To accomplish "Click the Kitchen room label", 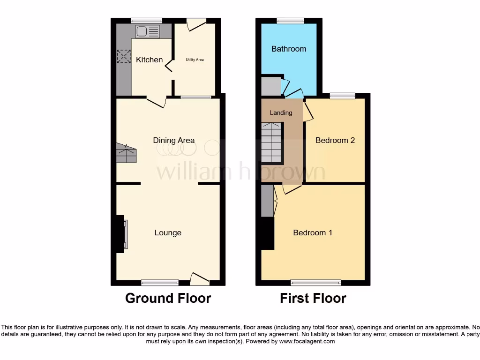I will [149, 60].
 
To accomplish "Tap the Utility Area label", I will [195, 60].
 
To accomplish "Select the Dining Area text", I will [173, 140].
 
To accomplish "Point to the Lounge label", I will [168, 233].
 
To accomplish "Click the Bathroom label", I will [289, 49].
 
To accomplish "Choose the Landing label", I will [281, 112].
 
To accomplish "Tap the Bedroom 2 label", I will [335, 140].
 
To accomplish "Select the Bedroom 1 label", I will [313, 233].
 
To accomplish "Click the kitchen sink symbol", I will [147, 31].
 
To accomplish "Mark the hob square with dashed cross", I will [123, 57].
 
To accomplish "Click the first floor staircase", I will [272, 142].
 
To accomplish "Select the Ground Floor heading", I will [168, 298].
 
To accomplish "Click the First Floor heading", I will [313, 298].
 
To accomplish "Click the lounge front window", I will [160, 282].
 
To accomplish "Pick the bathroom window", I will [290, 20].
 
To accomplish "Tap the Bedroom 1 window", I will [315, 282].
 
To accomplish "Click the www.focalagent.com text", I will [307, 342].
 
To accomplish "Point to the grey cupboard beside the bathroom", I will [270, 86].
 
